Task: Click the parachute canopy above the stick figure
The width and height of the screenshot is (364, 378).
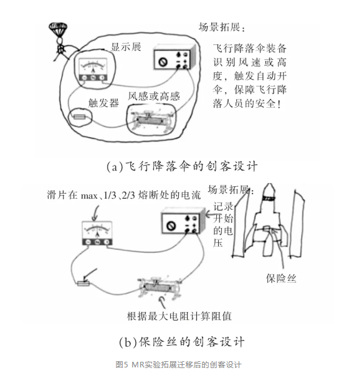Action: pos(58,29)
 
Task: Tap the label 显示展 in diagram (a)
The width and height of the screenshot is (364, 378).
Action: pos(126,47)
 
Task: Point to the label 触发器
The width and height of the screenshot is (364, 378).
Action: pos(103,103)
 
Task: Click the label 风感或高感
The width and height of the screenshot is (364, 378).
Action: pos(154,96)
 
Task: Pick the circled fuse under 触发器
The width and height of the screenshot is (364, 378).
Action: pos(80,117)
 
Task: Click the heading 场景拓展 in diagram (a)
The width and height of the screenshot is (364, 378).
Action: pos(222,27)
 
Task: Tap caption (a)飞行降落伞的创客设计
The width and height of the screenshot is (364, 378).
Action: pos(182,166)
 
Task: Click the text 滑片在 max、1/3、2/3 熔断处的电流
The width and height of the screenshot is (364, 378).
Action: pos(124,195)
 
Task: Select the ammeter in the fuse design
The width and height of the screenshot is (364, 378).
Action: pos(97,234)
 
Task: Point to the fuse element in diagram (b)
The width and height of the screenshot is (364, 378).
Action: pos(84,283)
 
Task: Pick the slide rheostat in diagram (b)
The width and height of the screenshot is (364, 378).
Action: pos(160,288)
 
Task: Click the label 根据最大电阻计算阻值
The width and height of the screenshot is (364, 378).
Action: pos(180,316)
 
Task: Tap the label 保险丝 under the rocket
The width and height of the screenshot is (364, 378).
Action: pos(281,278)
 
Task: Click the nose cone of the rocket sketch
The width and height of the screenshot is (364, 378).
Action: pos(269,191)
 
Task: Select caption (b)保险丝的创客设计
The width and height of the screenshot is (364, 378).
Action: pos(182,342)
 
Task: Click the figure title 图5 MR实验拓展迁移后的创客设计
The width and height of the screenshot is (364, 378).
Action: pos(178,365)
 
